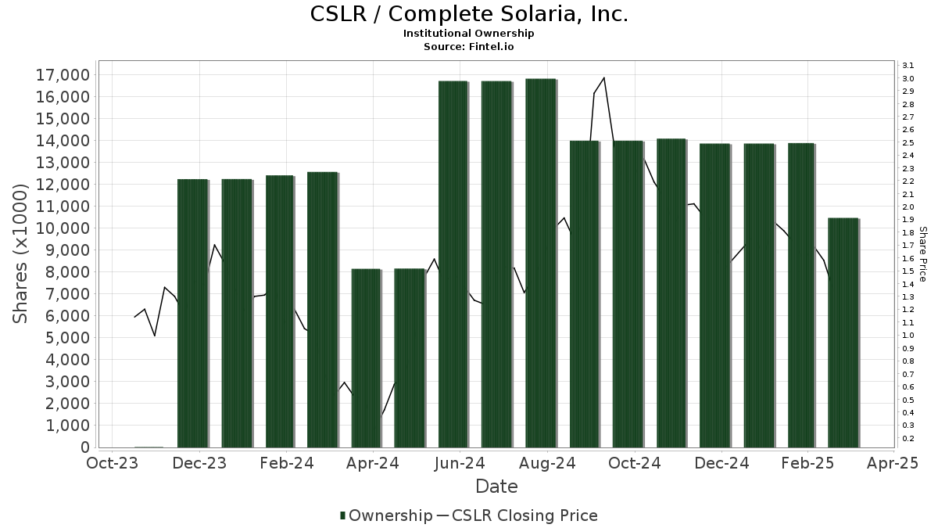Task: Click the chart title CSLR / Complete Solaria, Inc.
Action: (468, 14)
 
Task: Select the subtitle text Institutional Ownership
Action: (468, 34)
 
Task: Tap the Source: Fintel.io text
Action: (468, 46)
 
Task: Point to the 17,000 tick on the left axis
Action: (62, 75)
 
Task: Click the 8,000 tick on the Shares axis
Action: (66, 272)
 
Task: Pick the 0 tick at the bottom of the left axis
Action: (84, 447)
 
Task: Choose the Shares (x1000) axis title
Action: (21, 254)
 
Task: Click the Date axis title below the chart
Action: (496, 487)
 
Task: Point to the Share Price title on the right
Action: (922, 254)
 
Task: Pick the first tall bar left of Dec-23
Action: (192, 313)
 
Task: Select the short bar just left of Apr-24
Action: (366, 358)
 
